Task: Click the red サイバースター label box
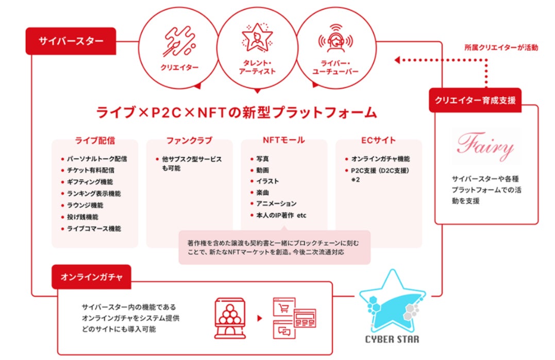(71, 41)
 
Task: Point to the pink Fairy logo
(485, 147)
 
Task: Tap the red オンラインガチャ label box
(91, 277)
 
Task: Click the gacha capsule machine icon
(229, 317)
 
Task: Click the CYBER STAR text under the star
(392, 339)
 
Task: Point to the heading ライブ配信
(95, 140)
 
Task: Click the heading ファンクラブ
(189, 140)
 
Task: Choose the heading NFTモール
(283, 140)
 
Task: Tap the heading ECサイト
(379, 140)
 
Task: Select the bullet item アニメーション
(276, 204)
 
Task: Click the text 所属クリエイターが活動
(501, 48)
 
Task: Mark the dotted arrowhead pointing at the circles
(397, 60)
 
